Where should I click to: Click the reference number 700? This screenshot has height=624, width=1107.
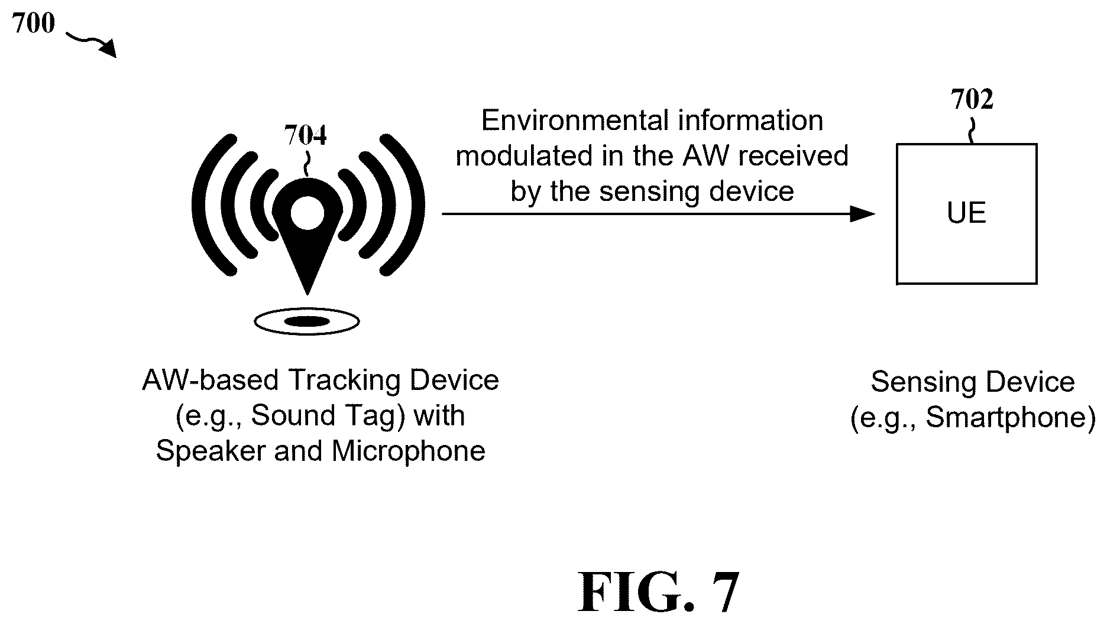tap(33, 24)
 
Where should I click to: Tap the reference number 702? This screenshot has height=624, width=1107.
tap(972, 100)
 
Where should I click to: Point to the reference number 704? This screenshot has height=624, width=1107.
tap(305, 135)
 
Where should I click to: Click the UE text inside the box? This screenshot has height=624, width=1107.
tap(967, 213)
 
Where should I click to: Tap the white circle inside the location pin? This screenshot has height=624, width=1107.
tap(307, 213)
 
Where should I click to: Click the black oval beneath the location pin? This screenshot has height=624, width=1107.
tap(307, 321)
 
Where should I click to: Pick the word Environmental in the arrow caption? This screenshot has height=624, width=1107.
tap(568, 121)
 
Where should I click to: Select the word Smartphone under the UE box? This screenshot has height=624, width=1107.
tap(1005, 418)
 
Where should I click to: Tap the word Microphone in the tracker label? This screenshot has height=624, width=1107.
tap(409, 451)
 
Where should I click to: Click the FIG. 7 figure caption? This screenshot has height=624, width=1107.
tap(658, 591)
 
